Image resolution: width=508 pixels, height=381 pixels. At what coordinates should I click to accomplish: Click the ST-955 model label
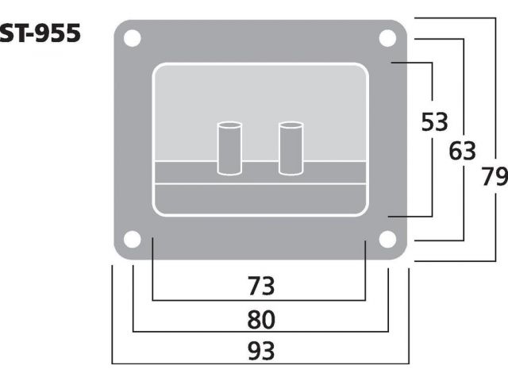40,34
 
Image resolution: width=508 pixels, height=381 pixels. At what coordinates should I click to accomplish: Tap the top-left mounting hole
133,38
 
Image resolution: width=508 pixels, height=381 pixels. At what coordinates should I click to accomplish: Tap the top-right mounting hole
387,38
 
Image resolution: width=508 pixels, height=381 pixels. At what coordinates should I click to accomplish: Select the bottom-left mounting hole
133,239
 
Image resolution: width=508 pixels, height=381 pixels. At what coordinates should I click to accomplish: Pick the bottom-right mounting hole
387,239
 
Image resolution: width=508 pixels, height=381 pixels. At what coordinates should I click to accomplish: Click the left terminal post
230,148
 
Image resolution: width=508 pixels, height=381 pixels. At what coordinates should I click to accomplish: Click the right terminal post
291,148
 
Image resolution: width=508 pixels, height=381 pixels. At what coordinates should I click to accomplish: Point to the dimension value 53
434,122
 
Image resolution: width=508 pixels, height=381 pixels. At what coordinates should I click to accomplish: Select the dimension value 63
462,150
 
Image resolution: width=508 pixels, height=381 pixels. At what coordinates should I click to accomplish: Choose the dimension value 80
260,319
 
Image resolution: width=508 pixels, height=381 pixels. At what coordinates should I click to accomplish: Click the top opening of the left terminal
230,125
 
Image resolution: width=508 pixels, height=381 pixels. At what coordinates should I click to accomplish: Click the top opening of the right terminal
291,125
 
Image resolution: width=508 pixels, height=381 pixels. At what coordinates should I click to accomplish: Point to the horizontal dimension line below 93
260,364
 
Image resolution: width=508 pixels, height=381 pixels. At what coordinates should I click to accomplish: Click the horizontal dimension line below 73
260,301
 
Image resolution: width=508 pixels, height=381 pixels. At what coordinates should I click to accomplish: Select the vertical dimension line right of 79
496,95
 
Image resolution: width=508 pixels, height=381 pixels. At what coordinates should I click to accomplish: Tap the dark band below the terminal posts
260,173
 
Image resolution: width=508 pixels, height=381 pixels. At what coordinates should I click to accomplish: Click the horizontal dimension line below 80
260,332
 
